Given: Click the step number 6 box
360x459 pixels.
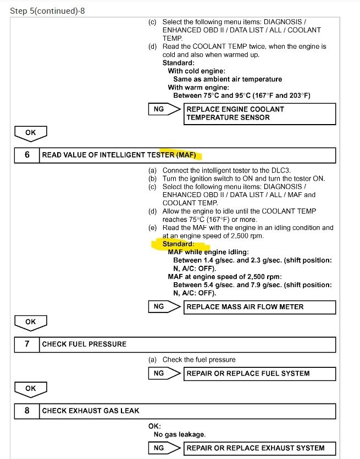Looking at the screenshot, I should click(x=27, y=155).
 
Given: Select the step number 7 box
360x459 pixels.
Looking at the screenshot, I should click(x=27, y=344).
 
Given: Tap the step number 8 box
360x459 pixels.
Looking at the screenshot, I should click(x=27, y=410).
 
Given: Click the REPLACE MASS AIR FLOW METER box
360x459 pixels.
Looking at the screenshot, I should click(x=259, y=306).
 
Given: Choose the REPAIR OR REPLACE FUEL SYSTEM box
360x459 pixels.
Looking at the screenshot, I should click(x=259, y=373).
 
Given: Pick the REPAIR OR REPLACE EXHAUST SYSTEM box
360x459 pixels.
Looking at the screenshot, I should click(x=259, y=448).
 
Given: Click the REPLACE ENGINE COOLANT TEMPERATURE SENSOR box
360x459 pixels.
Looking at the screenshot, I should click(x=259, y=113).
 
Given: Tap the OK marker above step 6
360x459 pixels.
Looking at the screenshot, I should click(x=31, y=132).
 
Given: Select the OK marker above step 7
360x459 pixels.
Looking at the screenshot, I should click(x=31, y=322).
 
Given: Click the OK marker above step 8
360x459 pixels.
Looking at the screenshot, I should click(x=31, y=389).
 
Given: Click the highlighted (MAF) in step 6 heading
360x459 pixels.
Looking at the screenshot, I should click(x=186, y=155).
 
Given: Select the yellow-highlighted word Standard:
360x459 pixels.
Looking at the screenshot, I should click(x=178, y=244).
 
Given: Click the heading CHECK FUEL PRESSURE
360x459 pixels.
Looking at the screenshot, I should click(x=84, y=344).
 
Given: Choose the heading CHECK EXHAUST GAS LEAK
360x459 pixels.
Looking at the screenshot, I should click(x=91, y=410).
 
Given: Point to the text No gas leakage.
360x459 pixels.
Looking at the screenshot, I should click(x=179, y=434).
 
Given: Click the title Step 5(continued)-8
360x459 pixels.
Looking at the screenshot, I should click(x=48, y=11).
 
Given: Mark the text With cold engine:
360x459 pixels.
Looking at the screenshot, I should click(x=196, y=71).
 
